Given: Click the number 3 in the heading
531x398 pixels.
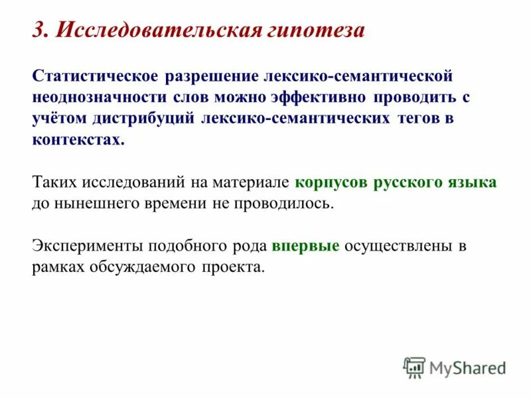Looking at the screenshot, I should (x=39, y=31).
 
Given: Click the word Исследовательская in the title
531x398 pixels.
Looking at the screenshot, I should (x=151, y=31).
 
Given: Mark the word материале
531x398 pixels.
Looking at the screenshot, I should (x=253, y=182).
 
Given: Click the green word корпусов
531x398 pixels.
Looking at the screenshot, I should (x=332, y=182).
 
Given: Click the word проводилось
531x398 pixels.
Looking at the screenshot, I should (x=283, y=203).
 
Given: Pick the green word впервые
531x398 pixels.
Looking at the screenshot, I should (x=305, y=245).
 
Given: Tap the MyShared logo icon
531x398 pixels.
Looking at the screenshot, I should (x=414, y=366).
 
